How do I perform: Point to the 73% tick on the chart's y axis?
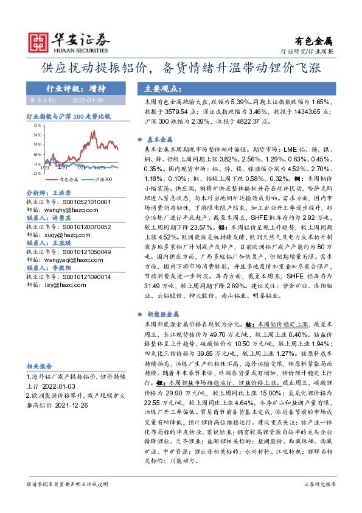[37, 124]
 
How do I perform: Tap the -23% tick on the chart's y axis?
[37, 173]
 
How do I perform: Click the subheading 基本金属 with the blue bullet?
[161, 138]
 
